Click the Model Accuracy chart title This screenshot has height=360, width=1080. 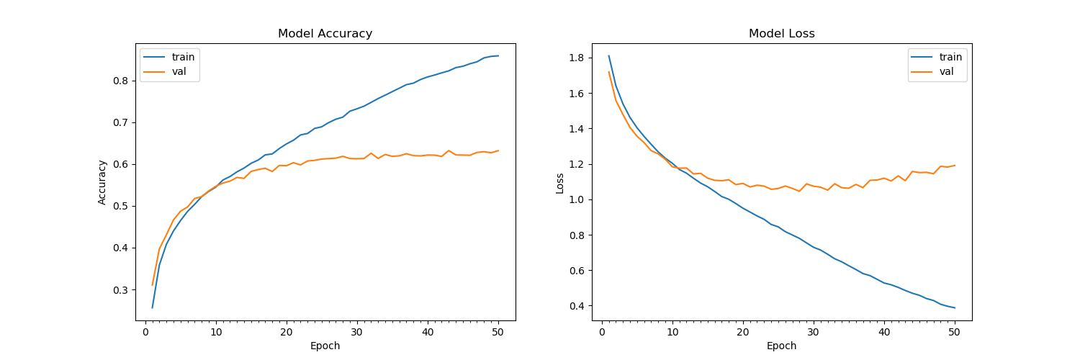325,34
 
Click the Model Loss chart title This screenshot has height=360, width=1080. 781,34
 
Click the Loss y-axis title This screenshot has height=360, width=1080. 559,182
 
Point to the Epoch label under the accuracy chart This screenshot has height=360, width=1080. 325,346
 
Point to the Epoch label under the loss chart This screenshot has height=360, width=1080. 781,346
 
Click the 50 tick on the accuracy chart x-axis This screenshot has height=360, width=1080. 498,332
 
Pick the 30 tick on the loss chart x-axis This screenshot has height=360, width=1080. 814,332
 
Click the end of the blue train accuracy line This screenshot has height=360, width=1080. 498,55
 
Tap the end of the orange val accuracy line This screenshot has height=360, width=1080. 498,150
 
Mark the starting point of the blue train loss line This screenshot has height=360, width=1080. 609,56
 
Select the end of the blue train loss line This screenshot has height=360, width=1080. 955,308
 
